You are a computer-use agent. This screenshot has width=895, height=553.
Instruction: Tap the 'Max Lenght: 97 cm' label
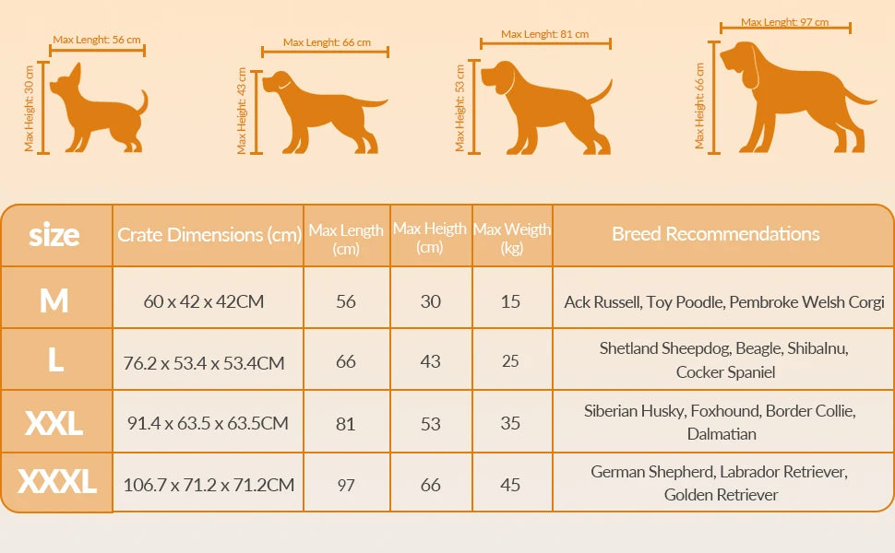click(x=784, y=22)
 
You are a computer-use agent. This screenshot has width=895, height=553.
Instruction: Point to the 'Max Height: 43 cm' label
click(x=242, y=110)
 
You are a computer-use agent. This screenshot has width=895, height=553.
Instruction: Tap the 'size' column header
click(x=54, y=235)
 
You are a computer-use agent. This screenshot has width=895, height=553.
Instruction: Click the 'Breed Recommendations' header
click(x=715, y=234)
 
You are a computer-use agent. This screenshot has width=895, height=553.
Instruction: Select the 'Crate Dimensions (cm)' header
click(x=209, y=235)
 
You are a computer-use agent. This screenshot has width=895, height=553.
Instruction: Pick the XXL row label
click(x=54, y=423)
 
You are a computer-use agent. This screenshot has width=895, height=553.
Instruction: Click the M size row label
click(x=54, y=300)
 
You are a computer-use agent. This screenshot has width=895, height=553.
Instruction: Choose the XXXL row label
click(x=56, y=482)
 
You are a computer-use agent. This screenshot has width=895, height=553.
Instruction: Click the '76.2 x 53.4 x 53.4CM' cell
click(x=204, y=362)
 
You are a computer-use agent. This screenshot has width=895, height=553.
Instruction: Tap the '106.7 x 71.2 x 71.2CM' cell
click(x=209, y=485)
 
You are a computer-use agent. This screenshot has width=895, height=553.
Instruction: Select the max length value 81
click(x=346, y=423)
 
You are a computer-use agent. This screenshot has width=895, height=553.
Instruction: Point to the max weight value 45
click(x=511, y=485)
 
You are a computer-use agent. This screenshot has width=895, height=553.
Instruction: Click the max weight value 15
click(x=511, y=301)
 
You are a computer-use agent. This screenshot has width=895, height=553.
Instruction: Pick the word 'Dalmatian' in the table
click(x=722, y=434)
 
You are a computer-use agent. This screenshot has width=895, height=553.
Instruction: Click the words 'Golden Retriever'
click(x=721, y=495)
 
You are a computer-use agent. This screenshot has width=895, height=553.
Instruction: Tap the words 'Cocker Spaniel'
click(x=725, y=372)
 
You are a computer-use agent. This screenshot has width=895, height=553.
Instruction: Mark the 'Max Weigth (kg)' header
click(x=512, y=238)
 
